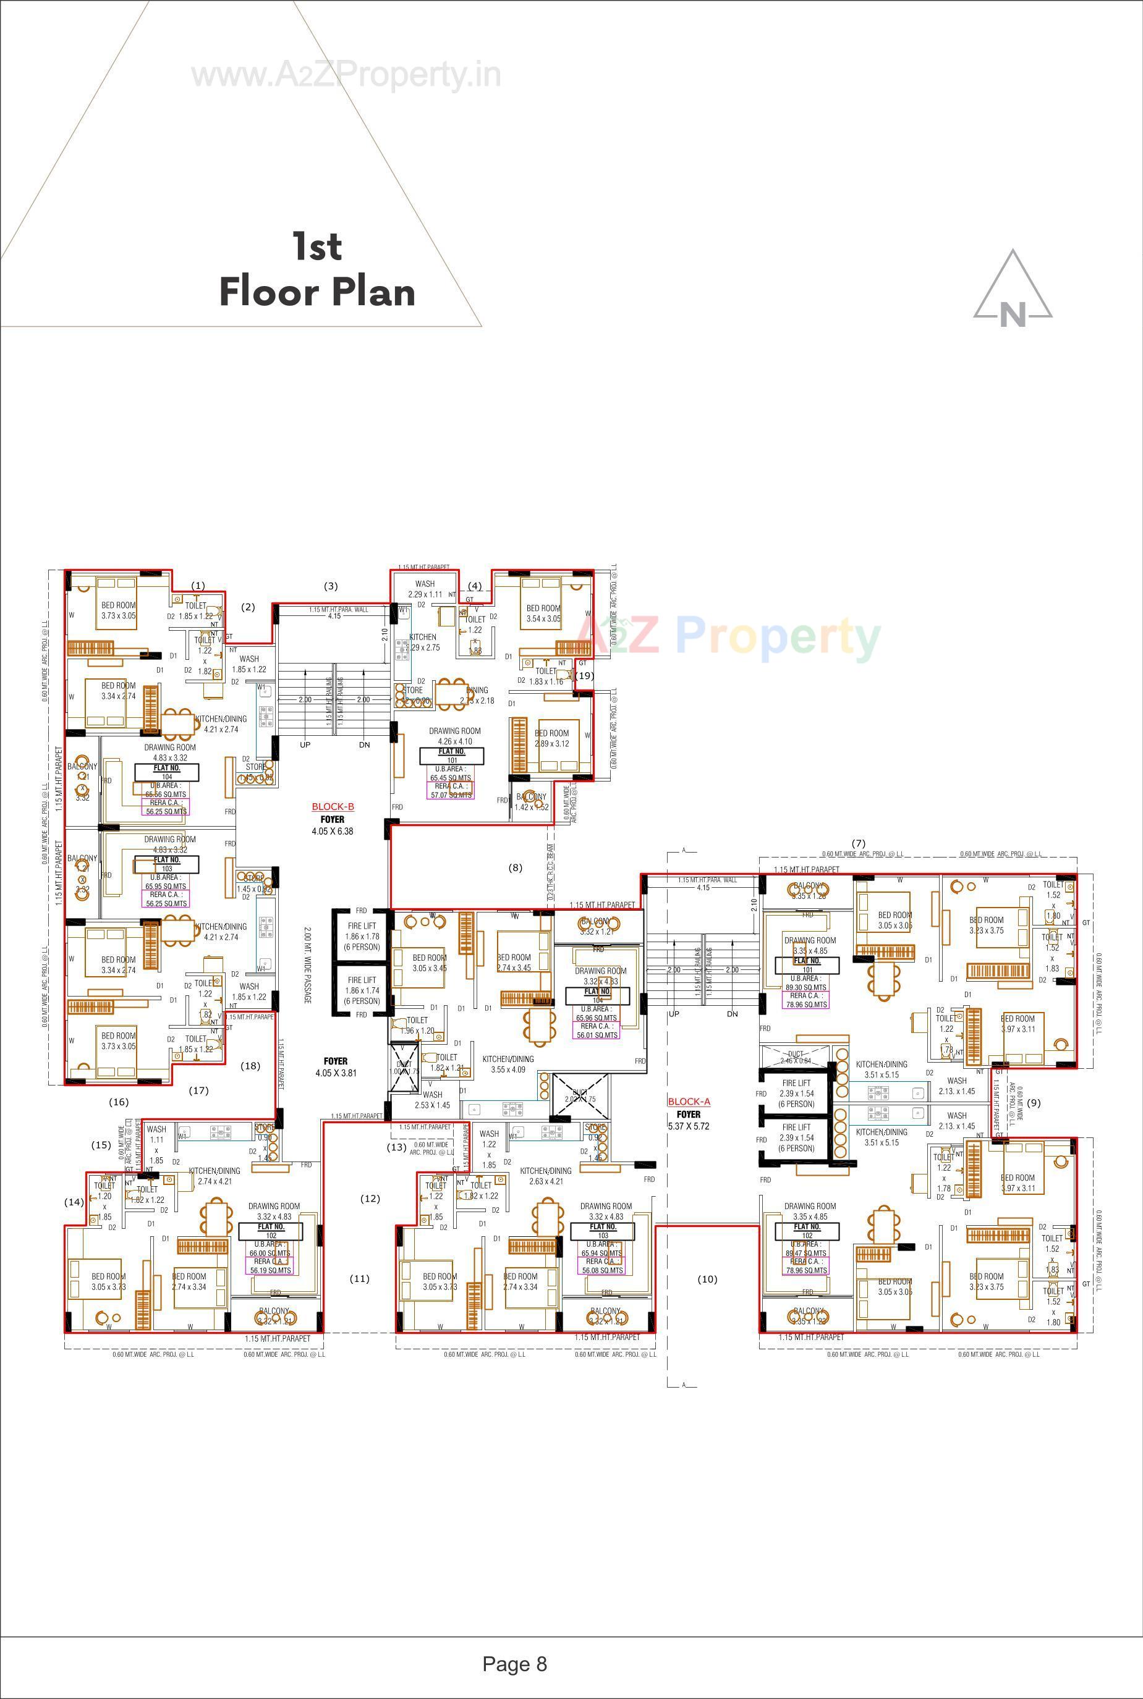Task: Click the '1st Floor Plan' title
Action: (x=317, y=269)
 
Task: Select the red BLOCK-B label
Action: (x=333, y=806)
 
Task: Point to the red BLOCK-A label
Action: (x=688, y=1102)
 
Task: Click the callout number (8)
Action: (x=516, y=867)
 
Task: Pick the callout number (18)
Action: (x=250, y=1066)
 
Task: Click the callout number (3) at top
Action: (x=331, y=586)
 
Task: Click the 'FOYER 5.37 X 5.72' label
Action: (x=688, y=1119)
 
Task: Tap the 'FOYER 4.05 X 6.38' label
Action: (x=333, y=825)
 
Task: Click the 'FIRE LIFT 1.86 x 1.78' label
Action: (x=362, y=936)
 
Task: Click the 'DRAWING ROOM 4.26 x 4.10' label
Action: (x=454, y=736)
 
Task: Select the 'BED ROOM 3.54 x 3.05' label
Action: (x=543, y=613)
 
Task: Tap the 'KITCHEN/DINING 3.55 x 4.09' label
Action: (x=508, y=1065)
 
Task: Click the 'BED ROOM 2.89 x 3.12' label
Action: (x=552, y=738)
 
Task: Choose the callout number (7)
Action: (x=859, y=843)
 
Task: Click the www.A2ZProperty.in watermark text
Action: (x=346, y=75)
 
